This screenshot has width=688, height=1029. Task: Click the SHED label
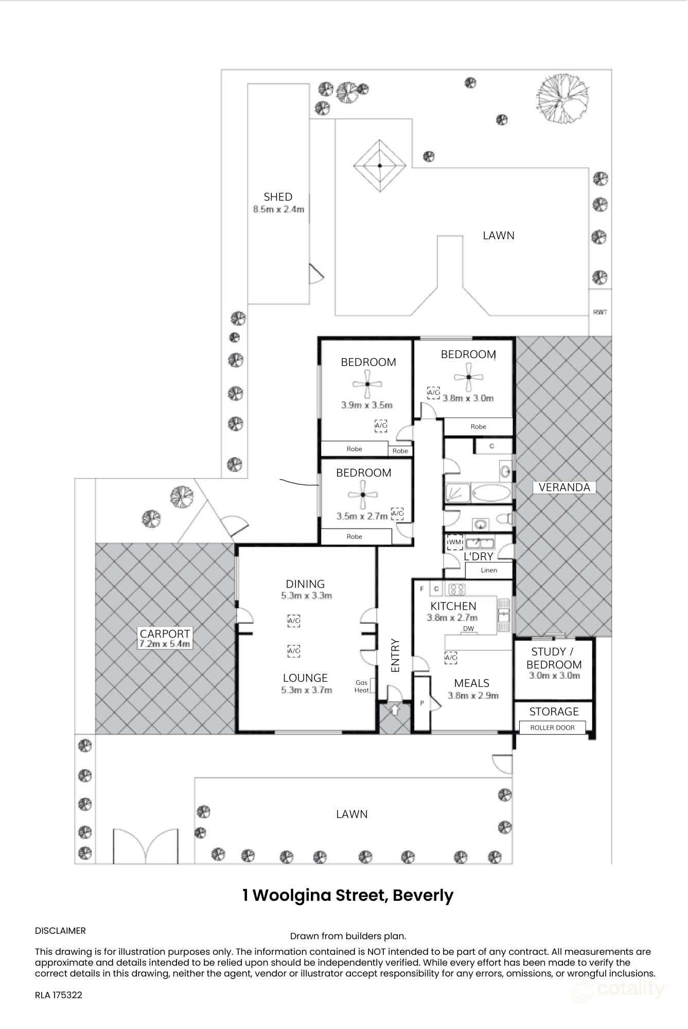pyautogui.click(x=278, y=197)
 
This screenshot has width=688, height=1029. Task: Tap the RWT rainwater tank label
pyautogui.click(x=600, y=312)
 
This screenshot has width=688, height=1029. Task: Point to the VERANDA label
pyautogui.click(x=564, y=487)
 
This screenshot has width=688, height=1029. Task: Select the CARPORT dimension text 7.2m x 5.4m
pyautogui.click(x=165, y=644)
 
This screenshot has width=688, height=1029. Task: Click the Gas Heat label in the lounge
pyautogui.click(x=362, y=686)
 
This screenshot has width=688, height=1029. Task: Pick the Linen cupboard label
pyautogui.click(x=489, y=570)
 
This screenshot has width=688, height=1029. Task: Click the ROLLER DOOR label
pyautogui.click(x=552, y=728)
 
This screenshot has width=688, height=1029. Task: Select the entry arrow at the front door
pyautogui.click(x=395, y=710)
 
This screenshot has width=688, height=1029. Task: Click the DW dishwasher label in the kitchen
pyautogui.click(x=468, y=629)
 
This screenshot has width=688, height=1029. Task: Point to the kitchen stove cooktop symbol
pyautogui.click(x=456, y=589)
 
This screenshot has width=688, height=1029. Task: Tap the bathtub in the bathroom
pyautogui.click(x=491, y=493)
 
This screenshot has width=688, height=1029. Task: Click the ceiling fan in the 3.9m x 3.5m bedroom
pyautogui.click(x=367, y=384)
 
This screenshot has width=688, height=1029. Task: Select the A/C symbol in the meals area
pyautogui.click(x=450, y=657)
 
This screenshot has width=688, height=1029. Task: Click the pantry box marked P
pyautogui.click(x=422, y=703)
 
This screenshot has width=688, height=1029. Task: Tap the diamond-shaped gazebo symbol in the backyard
pyautogui.click(x=380, y=166)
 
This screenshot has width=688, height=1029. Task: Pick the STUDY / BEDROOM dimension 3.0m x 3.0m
pyautogui.click(x=554, y=676)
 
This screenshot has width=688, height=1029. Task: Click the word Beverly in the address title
pyautogui.click(x=423, y=895)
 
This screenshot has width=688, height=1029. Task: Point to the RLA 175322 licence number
pyautogui.click(x=59, y=995)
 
